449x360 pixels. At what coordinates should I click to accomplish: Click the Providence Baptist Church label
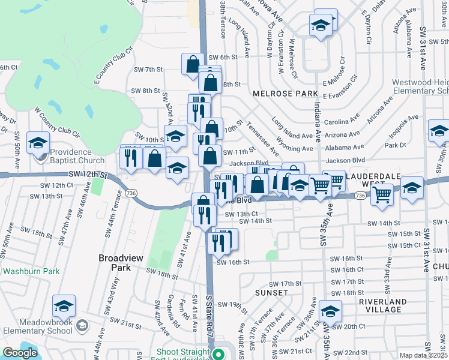pos(77,156)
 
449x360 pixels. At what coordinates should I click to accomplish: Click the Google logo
pos(20,353)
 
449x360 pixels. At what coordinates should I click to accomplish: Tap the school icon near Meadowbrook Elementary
pos(64,307)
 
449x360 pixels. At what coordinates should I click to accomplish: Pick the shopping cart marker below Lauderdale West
pos(382,194)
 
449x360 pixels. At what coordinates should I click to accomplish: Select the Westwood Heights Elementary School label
pos(420,87)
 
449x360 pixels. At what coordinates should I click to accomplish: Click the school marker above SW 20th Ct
pos(330,311)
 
